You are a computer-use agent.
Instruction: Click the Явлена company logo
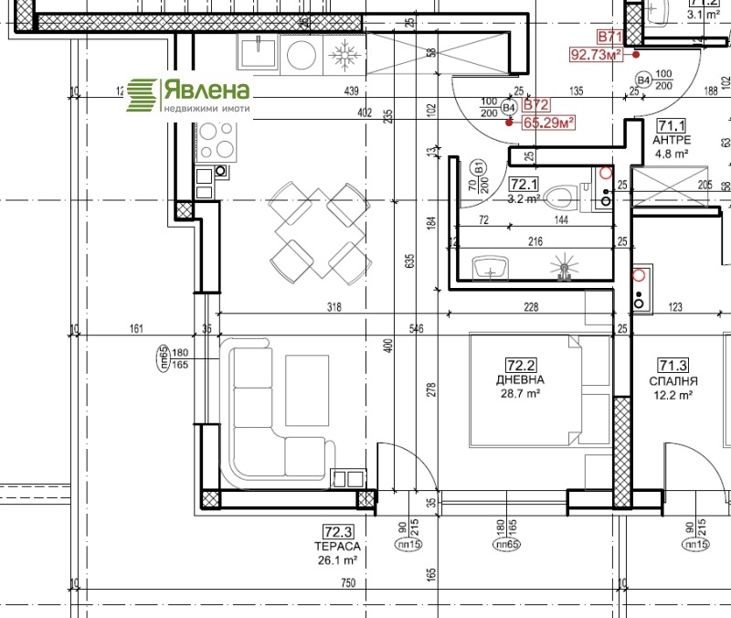click(187, 95)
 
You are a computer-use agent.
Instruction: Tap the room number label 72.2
click(523, 364)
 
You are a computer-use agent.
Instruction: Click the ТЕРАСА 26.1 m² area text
click(337, 553)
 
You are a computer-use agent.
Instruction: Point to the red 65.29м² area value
click(547, 121)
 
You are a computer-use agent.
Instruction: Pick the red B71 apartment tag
click(609, 37)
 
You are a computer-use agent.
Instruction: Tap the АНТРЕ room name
click(672, 141)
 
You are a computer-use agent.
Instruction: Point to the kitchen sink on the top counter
click(259, 53)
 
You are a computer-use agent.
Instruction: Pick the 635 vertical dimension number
click(408, 264)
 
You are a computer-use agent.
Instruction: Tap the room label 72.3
click(337, 530)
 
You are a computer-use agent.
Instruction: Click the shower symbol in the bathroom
click(564, 268)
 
